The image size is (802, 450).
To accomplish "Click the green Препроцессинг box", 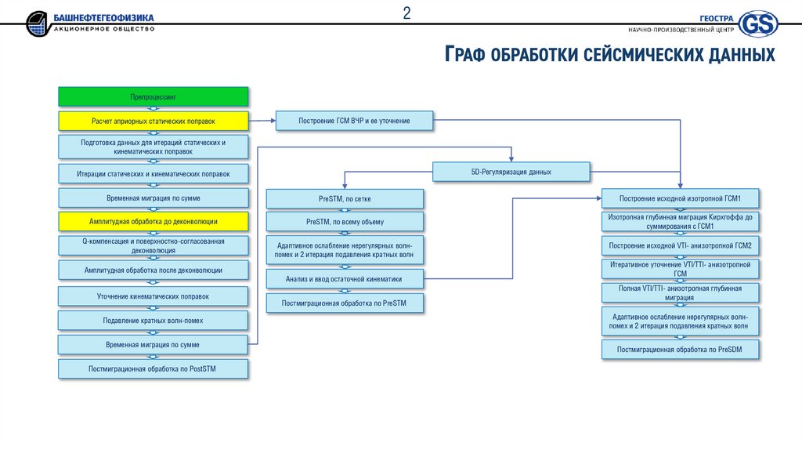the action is point(154,96).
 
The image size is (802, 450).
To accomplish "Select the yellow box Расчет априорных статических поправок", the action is point(154,121).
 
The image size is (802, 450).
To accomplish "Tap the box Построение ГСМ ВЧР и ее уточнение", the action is point(354,121).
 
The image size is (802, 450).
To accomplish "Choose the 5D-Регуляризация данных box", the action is point(511,171).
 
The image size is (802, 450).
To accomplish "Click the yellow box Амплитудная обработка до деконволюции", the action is point(154,221).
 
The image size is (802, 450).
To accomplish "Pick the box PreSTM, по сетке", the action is point(345,198).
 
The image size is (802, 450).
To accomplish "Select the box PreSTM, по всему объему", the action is point(345,221).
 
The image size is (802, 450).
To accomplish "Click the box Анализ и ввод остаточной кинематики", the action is point(345,278).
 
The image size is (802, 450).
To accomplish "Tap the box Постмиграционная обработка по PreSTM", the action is point(345,303).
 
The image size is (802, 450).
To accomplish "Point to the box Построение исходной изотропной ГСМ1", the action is point(680,198).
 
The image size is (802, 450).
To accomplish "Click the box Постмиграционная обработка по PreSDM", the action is point(680,349).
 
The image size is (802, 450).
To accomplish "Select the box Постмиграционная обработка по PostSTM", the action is point(154,368).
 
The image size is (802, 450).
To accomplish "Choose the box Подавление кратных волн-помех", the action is point(154,320).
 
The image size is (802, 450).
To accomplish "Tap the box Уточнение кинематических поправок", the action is point(154,296).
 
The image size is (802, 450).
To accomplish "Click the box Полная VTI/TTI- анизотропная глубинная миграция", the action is point(680,292).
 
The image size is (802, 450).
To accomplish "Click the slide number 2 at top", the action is point(407,13).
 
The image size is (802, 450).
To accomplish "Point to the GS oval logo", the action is point(758,24).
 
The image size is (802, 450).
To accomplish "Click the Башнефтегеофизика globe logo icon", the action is point(37,24).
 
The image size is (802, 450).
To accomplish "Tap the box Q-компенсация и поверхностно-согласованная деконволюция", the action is point(154,245).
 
